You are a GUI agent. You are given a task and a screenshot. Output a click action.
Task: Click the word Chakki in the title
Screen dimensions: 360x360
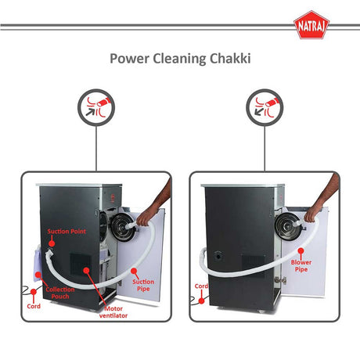click(226, 59)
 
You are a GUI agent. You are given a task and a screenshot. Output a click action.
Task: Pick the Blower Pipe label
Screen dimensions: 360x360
click(301, 267)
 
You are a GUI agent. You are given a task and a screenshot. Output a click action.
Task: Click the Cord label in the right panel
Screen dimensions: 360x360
click(200, 286)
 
